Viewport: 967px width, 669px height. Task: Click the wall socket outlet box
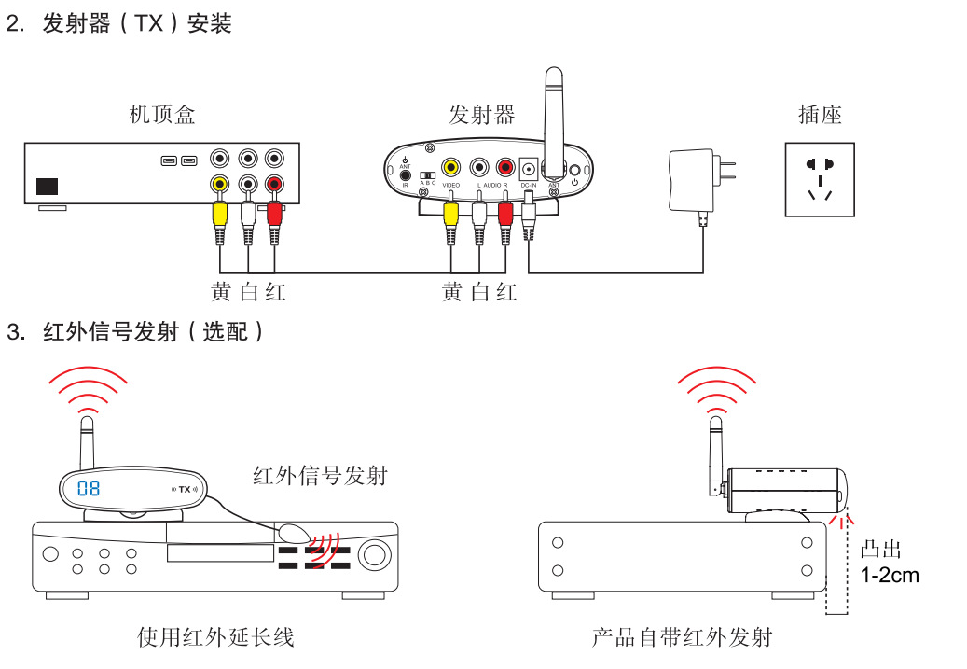coord(820,179)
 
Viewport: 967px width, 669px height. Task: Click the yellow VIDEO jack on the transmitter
coord(450,168)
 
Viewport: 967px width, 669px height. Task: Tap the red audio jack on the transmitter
coord(505,168)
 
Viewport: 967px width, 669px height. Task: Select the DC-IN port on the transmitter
coord(529,169)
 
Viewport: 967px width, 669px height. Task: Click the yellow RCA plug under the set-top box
coord(219,213)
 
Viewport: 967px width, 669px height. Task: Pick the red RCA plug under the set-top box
coord(274,213)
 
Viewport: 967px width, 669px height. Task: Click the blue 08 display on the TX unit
coord(89,488)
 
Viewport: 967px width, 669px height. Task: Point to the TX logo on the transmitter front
coord(185,489)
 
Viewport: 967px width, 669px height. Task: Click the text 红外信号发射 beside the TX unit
coord(320,475)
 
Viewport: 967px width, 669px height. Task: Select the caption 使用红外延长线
coord(215,637)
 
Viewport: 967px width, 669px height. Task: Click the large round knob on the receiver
coord(375,555)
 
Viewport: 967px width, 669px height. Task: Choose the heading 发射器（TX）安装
coord(137,24)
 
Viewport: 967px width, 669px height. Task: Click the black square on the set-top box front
coord(47,186)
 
